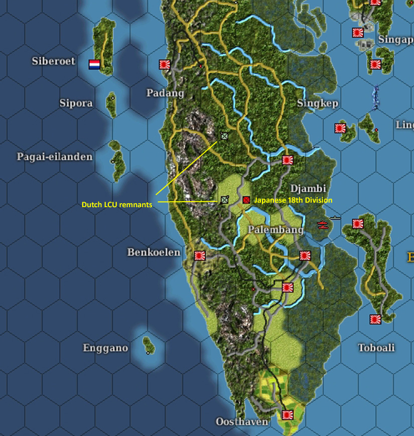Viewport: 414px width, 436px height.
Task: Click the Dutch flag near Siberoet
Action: point(94,64)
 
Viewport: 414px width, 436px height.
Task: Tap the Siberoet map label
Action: point(54,61)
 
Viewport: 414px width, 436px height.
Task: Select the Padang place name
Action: point(165,93)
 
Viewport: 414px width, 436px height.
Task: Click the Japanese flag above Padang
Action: point(164,64)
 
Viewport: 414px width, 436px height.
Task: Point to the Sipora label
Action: point(76,103)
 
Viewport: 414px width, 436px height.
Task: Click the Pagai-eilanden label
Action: point(55,157)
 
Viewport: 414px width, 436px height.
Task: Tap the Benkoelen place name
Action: point(154,252)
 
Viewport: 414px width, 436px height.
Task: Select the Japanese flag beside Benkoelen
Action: point(200,255)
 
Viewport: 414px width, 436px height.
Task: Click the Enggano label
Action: point(106,348)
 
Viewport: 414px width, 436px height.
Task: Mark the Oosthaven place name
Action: point(242,421)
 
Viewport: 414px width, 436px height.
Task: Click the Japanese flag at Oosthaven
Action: point(288,415)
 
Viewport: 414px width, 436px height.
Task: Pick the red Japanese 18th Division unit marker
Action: point(246,200)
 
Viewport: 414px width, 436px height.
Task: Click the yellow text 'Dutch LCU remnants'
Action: point(117,204)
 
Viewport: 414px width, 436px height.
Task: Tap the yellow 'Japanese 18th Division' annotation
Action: point(293,200)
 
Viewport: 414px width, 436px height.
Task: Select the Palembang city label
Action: point(275,230)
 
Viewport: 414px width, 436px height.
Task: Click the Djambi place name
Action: point(308,188)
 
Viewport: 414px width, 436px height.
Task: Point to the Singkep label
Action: point(318,103)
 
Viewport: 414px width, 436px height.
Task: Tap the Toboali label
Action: point(376,348)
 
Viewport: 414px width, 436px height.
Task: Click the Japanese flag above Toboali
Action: point(375,319)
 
